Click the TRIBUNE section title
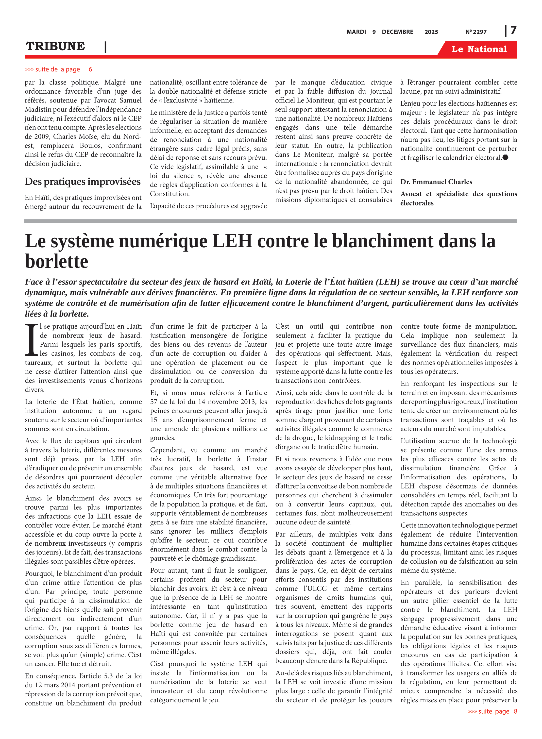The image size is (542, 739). (x=55, y=46)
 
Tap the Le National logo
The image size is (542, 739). (x=479, y=49)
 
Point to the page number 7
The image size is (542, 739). (x=513, y=31)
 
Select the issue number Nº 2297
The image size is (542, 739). (x=476, y=32)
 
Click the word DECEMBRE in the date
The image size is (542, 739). (x=397, y=32)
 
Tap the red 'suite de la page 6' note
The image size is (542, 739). (x=58, y=69)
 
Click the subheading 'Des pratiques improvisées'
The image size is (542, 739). (x=83, y=181)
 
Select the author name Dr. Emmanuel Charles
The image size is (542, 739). (x=436, y=182)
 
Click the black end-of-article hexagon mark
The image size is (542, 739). (x=506, y=157)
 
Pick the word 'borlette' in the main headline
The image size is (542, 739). (x=56, y=261)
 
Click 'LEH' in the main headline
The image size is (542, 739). (x=232, y=241)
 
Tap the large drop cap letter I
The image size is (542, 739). (x=32, y=340)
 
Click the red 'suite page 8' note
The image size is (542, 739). (x=492, y=711)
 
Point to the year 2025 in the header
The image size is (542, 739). (x=431, y=32)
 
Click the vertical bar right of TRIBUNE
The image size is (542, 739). (x=105, y=47)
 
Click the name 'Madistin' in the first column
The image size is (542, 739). (x=38, y=109)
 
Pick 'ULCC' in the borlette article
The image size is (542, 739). (x=316, y=588)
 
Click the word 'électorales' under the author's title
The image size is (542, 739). (x=417, y=203)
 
